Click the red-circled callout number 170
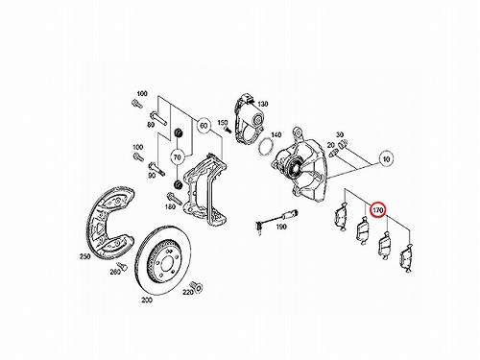tap(378, 210)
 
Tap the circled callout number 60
tap(204, 126)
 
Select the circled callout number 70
tap(177, 157)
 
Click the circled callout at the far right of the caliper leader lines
tap(386, 158)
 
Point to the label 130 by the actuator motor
tap(263, 104)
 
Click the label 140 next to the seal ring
tap(276, 134)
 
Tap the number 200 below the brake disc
tap(147, 300)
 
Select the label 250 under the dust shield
tap(84, 256)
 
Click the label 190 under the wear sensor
tap(281, 227)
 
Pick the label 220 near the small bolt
tap(188, 292)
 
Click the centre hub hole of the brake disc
tap(167, 263)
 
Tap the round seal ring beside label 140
tap(265, 147)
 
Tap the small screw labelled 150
tap(228, 130)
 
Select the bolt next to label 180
tap(174, 199)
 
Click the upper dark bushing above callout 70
tap(178, 132)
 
